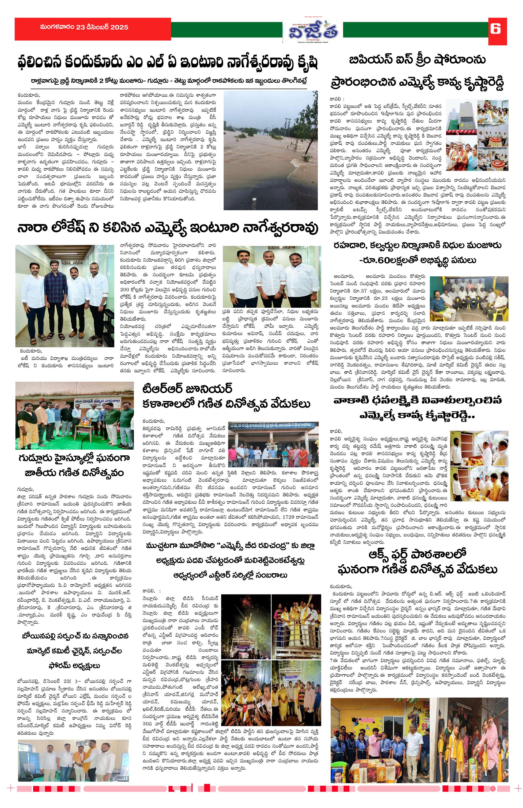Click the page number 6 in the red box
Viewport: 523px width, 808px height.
(x=497, y=30)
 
